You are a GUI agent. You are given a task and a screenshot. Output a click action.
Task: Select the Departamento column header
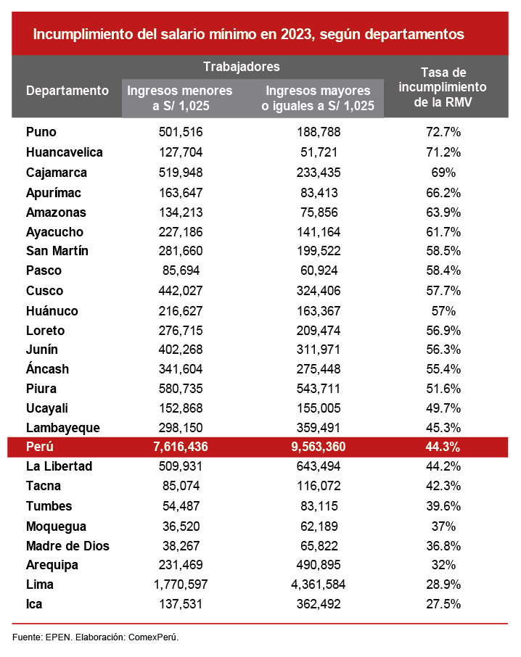click(x=67, y=91)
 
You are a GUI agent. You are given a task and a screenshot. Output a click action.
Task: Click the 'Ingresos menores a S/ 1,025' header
click(x=180, y=98)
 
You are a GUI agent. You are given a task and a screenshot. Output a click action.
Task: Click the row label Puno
click(x=41, y=132)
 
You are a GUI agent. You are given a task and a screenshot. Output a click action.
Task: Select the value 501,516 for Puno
click(x=180, y=132)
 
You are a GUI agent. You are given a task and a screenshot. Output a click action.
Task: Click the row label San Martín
click(x=57, y=251)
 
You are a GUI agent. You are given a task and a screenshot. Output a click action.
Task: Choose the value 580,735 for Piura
click(x=180, y=389)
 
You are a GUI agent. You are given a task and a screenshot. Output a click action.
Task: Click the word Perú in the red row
click(x=40, y=447)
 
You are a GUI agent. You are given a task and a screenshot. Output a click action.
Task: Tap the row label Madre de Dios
click(x=67, y=546)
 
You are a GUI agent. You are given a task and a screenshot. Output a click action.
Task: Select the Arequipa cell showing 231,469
click(x=180, y=565)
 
